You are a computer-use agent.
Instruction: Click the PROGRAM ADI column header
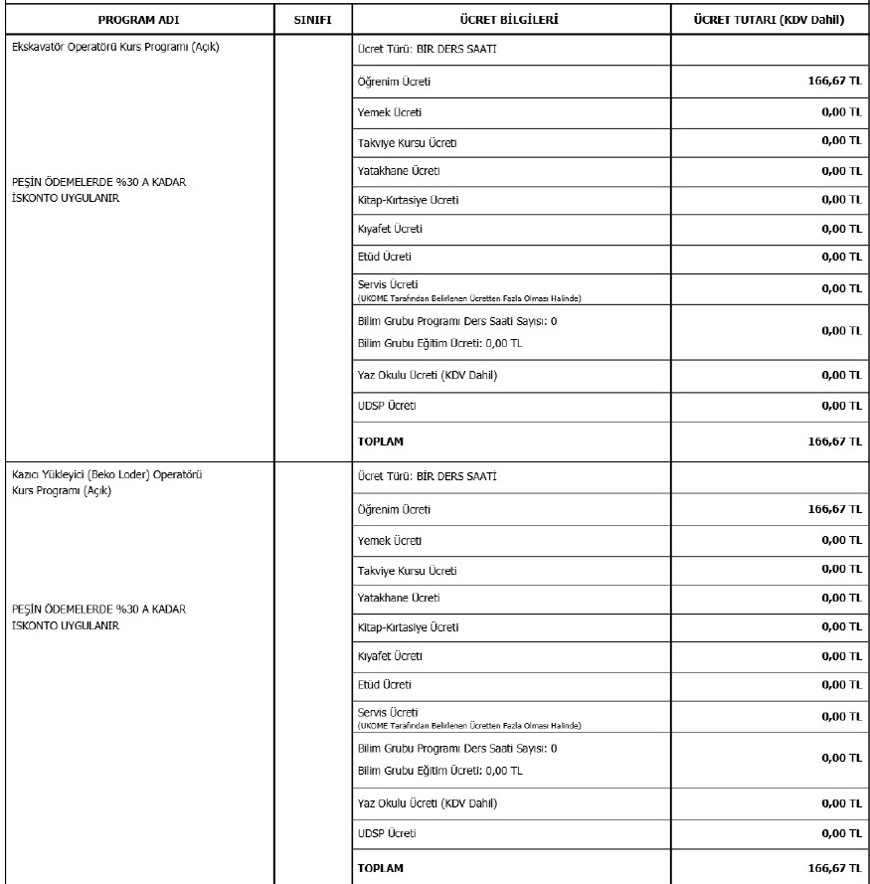click(137, 20)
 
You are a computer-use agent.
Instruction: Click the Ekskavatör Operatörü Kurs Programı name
click(115, 49)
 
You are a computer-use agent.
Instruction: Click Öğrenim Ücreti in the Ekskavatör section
click(394, 82)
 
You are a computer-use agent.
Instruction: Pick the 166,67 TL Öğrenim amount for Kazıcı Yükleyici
click(834, 508)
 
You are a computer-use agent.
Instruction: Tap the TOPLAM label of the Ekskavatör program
click(381, 440)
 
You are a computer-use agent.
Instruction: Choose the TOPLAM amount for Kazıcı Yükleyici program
click(834, 867)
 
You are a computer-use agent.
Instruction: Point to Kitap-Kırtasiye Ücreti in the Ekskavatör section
click(408, 200)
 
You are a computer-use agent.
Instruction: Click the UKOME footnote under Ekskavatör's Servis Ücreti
click(469, 298)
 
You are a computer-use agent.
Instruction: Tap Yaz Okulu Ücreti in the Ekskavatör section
click(427, 375)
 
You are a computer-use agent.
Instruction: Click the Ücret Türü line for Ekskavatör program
click(427, 49)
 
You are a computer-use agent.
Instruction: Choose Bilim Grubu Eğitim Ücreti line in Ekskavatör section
click(439, 342)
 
